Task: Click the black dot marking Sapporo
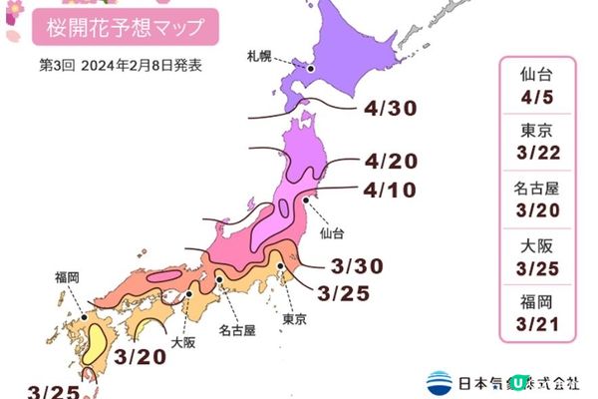(x=310, y=69)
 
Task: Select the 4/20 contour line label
(x=391, y=162)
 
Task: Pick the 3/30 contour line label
(x=356, y=266)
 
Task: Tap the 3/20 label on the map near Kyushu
(x=140, y=356)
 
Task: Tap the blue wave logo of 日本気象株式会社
(x=440, y=381)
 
